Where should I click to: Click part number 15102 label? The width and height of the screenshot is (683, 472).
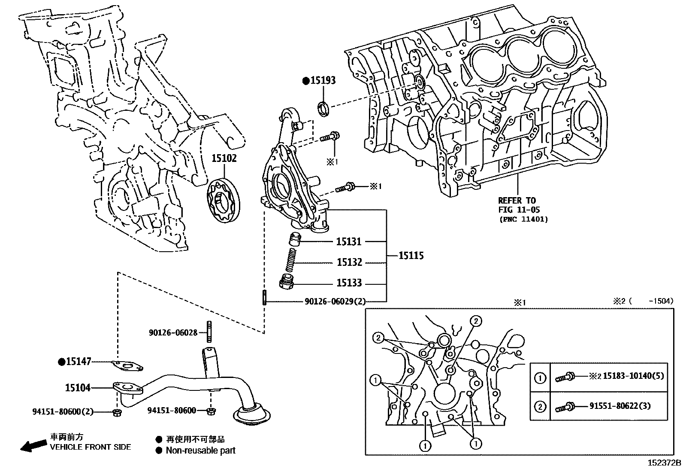pyautogui.click(x=224, y=158)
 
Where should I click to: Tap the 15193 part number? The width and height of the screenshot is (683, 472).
pyautogui.click(x=323, y=80)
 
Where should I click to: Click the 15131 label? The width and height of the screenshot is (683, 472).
pyautogui.click(x=349, y=242)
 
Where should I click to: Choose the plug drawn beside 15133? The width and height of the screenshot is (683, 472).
pyautogui.click(x=286, y=282)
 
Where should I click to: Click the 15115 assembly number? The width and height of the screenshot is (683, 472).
pyautogui.click(x=411, y=256)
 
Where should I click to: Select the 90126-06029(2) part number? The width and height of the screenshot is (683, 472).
pyautogui.click(x=335, y=301)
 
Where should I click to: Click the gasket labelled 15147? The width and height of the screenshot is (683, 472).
pyautogui.click(x=127, y=366)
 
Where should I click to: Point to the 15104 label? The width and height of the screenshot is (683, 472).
pyautogui.click(x=78, y=388)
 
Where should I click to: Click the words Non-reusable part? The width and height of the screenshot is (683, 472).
pyautogui.click(x=200, y=451)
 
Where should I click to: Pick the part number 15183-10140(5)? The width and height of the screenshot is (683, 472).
pyautogui.click(x=633, y=376)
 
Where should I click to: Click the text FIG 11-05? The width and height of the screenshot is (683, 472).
pyautogui.click(x=519, y=210)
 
